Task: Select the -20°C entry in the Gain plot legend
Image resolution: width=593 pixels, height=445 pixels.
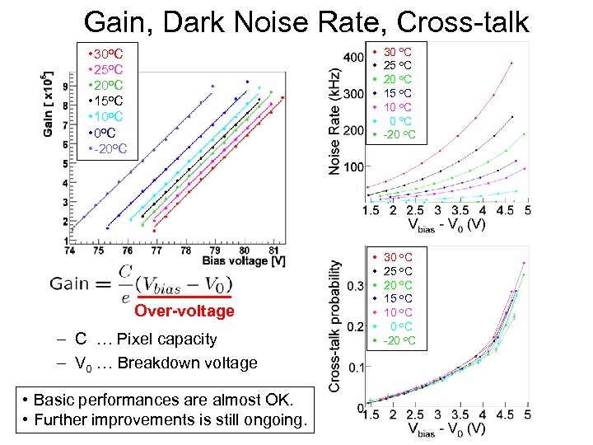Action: tap(108, 149)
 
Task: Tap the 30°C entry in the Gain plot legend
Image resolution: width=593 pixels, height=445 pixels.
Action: tap(108, 53)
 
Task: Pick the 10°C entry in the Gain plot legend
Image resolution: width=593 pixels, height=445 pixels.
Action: tap(108, 117)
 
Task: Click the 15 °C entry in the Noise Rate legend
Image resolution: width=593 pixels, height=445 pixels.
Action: tap(398, 93)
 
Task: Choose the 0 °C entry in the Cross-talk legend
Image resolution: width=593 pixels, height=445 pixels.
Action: tap(399, 326)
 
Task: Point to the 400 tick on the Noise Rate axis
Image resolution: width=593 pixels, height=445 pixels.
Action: tap(353, 58)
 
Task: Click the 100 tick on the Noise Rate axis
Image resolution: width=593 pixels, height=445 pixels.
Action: tap(353, 166)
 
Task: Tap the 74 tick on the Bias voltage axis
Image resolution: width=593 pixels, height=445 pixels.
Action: tap(70, 250)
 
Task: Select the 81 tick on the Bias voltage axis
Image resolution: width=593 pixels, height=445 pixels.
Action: tap(273, 250)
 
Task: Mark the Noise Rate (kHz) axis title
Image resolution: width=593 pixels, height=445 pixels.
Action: tap(335, 124)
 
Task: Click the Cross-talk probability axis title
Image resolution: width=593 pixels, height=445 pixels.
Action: tap(336, 326)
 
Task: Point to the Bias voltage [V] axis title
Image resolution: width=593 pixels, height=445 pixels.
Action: tap(245, 261)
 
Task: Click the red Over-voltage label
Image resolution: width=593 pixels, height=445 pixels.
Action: tap(184, 311)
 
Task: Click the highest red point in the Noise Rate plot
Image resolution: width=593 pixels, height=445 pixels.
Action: tap(511, 63)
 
